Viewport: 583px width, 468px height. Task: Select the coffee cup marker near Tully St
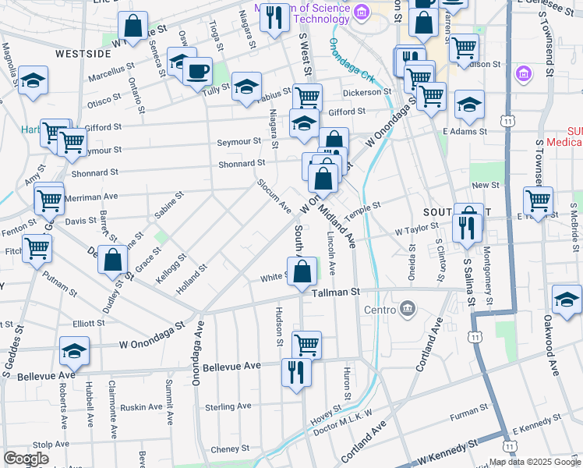[197, 72]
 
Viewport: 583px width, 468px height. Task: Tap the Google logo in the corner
[26, 459]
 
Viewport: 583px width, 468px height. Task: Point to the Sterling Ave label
[228, 406]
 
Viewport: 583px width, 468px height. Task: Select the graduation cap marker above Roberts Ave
[75, 352]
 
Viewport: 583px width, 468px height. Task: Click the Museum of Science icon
[361, 12]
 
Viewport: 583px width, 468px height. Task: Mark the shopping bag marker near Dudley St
[113, 261]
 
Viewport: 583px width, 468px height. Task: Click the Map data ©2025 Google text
[535, 461]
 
